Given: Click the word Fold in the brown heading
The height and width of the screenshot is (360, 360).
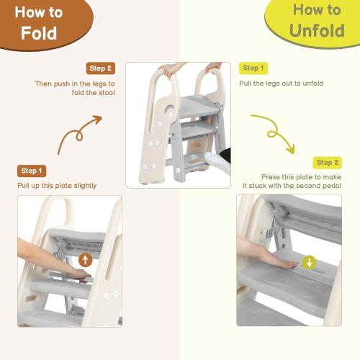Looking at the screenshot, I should (39, 34).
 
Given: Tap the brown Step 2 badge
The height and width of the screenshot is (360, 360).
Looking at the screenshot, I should (100, 68).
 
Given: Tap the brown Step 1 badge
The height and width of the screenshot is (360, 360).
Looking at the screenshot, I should (32, 171).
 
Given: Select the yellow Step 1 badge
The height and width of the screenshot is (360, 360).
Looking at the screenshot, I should (253, 68).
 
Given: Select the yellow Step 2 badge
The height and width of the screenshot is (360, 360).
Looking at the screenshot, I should (328, 163).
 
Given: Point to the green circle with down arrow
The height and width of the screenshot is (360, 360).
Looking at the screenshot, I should (309, 262).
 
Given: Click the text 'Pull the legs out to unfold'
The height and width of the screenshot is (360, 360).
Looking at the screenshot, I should (281, 84).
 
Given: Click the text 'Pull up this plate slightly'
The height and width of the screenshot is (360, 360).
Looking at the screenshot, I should (57, 186).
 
